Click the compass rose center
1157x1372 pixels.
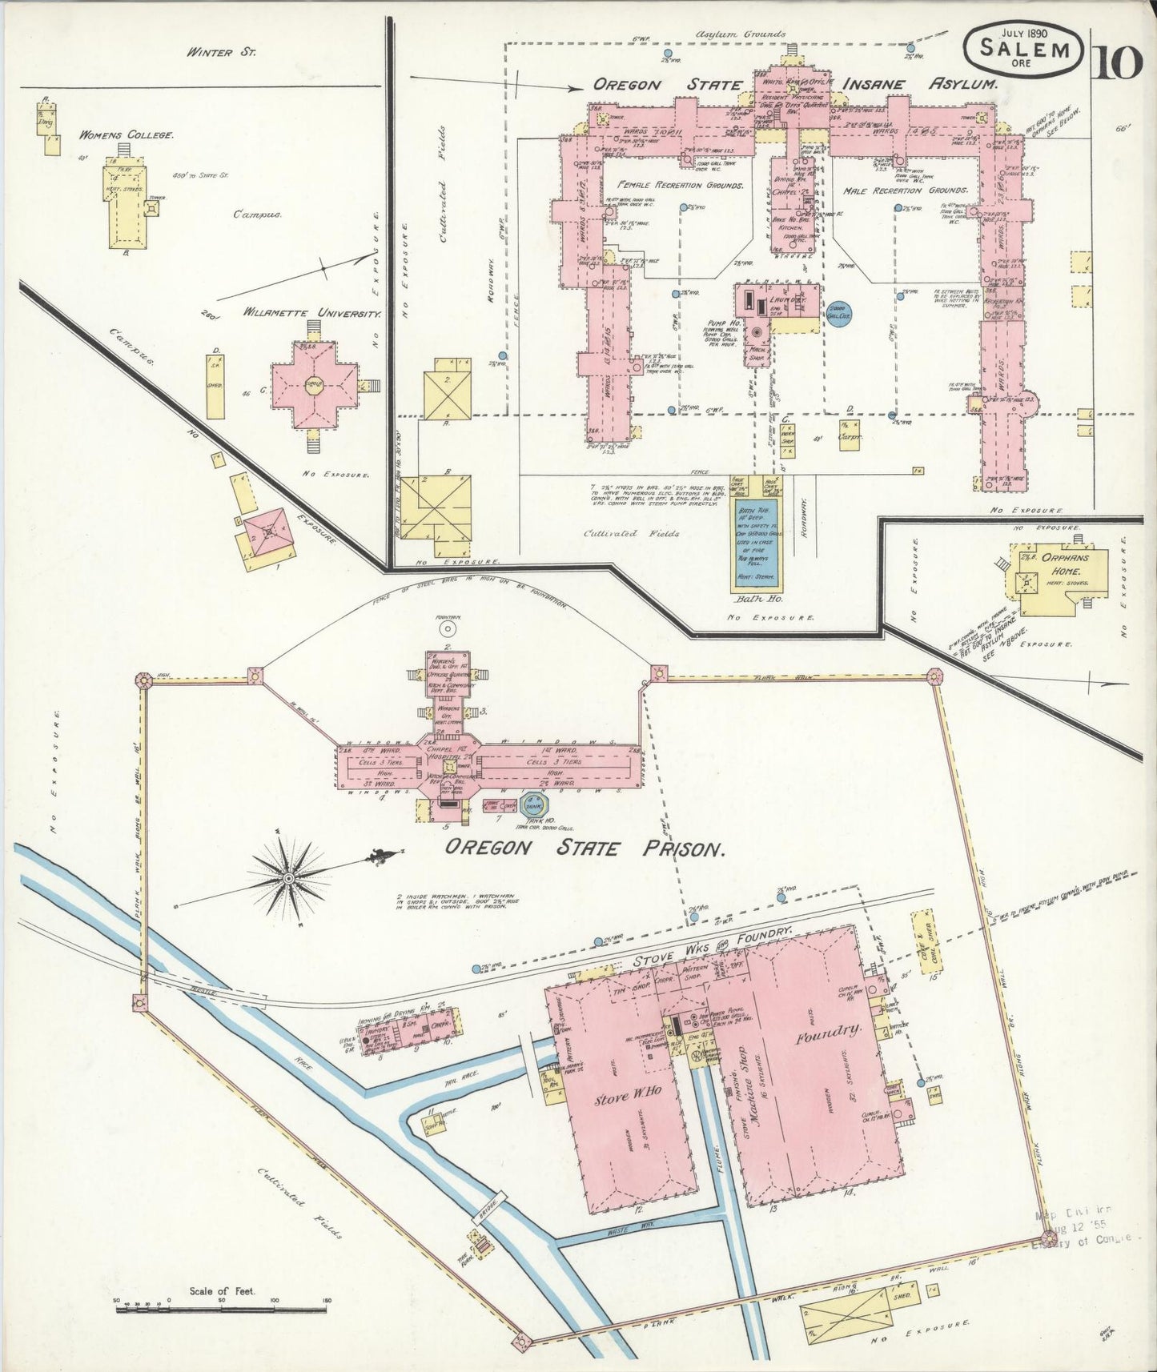click(289, 878)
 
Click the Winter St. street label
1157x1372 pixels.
click(210, 54)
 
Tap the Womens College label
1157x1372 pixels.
click(126, 135)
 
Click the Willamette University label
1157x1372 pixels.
click(311, 314)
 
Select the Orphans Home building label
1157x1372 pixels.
click(1061, 566)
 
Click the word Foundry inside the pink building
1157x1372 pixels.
click(827, 1039)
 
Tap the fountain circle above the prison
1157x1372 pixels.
click(448, 631)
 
